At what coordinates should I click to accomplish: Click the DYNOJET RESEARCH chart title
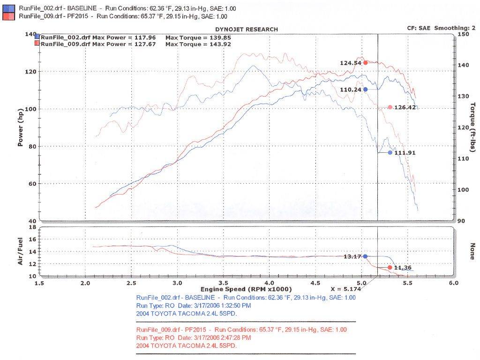(x=248, y=30)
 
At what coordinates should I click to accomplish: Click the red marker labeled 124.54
(x=366, y=63)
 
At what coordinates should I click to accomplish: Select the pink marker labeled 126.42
(x=390, y=107)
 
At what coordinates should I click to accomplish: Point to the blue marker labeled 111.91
(x=390, y=153)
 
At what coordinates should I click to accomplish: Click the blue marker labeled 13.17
(x=366, y=256)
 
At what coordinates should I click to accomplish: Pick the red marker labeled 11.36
(x=390, y=267)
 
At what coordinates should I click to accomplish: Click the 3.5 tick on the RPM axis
(x=224, y=284)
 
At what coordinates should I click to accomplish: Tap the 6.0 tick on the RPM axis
(x=454, y=284)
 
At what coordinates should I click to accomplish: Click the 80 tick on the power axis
(x=32, y=146)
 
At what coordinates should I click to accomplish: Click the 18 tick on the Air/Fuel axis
(x=33, y=227)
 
